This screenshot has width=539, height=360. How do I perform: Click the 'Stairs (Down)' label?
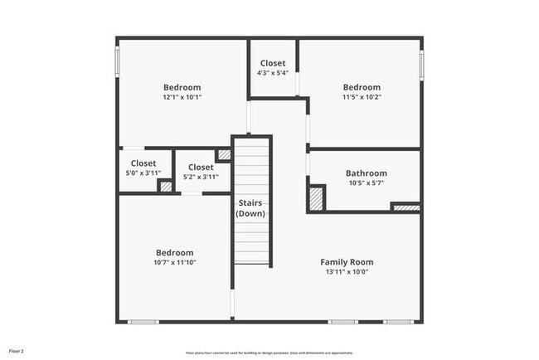tap(250, 208)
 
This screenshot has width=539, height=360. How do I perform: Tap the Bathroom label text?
tap(366, 173)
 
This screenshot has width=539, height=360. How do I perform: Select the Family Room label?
tap(347, 262)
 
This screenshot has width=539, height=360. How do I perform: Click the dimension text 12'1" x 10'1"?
tap(182, 97)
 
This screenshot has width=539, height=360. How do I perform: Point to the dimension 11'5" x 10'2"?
tap(362, 97)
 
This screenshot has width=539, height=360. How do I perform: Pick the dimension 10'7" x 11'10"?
tap(175, 262)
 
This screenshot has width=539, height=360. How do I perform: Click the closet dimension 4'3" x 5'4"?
tap(273, 73)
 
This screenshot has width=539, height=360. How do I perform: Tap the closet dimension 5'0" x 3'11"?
tap(143, 173)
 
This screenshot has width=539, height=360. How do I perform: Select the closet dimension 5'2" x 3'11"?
tap(200, 177)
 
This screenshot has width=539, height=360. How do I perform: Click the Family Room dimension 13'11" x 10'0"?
tap(347, 271)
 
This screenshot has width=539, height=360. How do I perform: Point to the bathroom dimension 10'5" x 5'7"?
tap(366, 183)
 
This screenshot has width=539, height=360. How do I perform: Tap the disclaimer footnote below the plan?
tap(269, 352)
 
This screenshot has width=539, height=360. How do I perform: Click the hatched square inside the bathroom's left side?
tap(316, 199)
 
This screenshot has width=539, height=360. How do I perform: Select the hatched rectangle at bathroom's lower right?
tap(405, 207)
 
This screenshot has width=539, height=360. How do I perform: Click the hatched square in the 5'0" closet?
tap(166, 187)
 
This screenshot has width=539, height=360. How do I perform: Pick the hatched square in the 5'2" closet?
tap(224, 155)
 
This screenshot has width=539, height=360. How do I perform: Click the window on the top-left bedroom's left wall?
tap(117, 60)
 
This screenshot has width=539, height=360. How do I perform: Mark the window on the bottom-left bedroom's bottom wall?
tap(143, 322)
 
